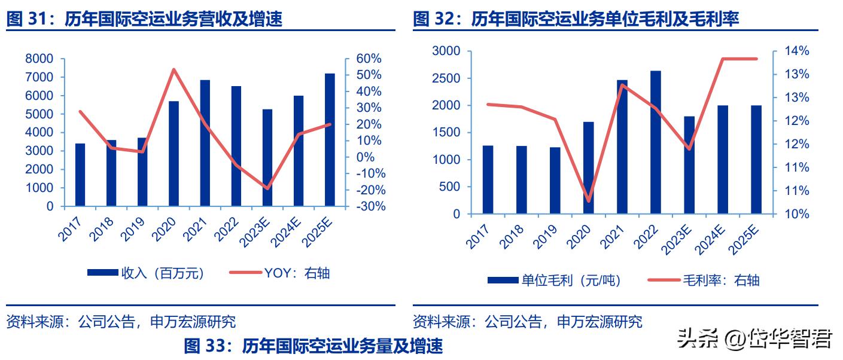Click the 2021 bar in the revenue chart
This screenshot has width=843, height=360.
tap(205, 144)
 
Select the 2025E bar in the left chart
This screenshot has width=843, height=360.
tap(330, 141)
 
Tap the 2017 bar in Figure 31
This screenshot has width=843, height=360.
tap(80, 175)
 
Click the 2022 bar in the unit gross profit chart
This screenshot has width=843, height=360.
tap(656, 142)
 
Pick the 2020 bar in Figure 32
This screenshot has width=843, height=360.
tap(589, 168)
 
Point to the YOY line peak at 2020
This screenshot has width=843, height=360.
tap(174, 69)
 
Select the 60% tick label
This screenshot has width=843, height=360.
tap(368, 59)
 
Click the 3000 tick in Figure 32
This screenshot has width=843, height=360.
tap(446, 51)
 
